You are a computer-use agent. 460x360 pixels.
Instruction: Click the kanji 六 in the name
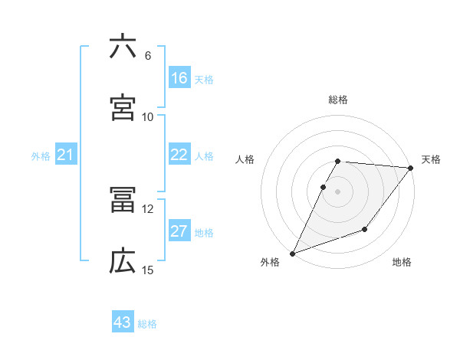123,47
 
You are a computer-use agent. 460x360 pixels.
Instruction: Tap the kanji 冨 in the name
123,201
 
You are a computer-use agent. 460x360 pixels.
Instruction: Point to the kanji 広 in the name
123,262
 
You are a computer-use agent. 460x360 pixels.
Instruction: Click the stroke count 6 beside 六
147,55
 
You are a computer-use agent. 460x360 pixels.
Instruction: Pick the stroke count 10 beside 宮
147,116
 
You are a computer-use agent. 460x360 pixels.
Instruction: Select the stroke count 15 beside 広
147,270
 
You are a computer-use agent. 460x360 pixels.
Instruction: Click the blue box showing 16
179,78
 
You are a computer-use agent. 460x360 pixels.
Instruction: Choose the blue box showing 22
179,155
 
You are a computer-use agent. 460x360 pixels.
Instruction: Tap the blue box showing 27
179,231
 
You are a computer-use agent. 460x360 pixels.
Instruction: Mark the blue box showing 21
66,155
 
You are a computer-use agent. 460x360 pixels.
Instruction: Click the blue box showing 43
123,322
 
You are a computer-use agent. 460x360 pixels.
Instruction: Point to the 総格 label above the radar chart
338,100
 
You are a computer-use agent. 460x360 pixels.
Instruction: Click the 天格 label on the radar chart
431,159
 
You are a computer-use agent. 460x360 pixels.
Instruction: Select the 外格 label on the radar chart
270,262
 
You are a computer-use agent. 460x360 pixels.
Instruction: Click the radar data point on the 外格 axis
292,254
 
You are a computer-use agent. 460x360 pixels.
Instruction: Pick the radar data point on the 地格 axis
365,229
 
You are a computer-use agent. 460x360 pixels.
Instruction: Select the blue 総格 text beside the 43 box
147,323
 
